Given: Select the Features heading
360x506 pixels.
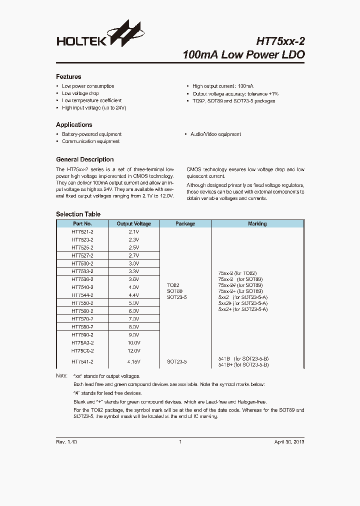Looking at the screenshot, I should (68, 77).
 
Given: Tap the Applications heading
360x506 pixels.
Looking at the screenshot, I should (74, 124).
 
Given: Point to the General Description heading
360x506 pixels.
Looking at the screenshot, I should (84, 159).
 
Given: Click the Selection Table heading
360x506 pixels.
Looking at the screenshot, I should (78, 214).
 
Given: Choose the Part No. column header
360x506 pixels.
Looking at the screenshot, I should (82, 224).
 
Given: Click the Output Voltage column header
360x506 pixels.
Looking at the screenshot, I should (133, 224).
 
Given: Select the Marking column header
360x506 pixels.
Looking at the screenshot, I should (257, 224).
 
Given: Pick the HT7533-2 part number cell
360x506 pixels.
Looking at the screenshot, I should (82, 271).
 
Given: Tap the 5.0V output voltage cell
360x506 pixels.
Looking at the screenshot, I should (133, 303).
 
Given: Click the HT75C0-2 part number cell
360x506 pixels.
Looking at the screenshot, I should (82, 351).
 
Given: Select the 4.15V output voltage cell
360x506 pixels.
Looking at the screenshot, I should (133, 361).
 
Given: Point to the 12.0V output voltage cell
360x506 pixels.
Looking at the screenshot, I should (133, 351).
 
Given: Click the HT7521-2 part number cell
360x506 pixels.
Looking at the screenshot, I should (82, 232).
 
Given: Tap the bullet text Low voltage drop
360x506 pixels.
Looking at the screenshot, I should (80, 93).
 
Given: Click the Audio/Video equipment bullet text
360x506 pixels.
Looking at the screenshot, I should (215, 134).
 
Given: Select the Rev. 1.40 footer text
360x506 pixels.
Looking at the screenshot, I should (66, 442).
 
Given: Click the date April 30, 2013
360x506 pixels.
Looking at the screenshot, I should (289, 442).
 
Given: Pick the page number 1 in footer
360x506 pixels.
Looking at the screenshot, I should (180, 442).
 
